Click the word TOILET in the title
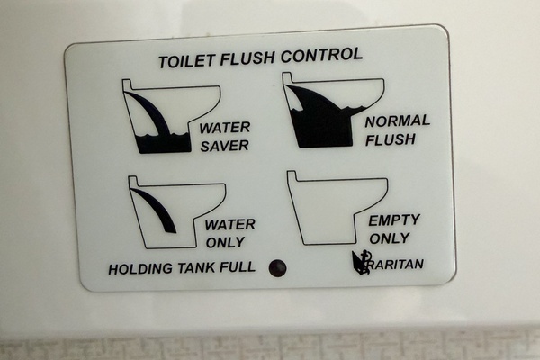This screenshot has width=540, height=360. point(187,61)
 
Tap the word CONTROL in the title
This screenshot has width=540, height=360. point(321,55)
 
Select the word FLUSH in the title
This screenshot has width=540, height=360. point(247,58)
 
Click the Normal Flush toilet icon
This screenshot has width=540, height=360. point(333,110)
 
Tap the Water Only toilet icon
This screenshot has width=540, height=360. point(176,211)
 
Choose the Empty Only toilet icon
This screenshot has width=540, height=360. point(337,208)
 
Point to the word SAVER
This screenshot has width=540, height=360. point(224,146)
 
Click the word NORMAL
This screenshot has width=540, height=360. point(398,121)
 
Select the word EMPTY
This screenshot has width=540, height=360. point(394,220)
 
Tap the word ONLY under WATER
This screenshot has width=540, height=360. point(225,242)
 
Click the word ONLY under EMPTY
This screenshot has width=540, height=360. point(390,238)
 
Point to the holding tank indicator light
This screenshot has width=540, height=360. point(277,268)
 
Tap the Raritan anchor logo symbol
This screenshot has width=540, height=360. point(360,263)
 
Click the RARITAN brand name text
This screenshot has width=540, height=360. point(396,265)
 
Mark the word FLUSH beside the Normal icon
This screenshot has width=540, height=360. point(391,139)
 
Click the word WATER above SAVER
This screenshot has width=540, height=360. point(224,128)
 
